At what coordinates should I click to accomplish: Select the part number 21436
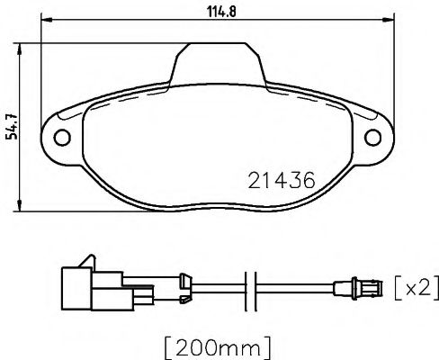(280, 179)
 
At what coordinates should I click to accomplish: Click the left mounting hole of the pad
(64, 138)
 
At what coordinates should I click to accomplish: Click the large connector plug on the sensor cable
(85, 285)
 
